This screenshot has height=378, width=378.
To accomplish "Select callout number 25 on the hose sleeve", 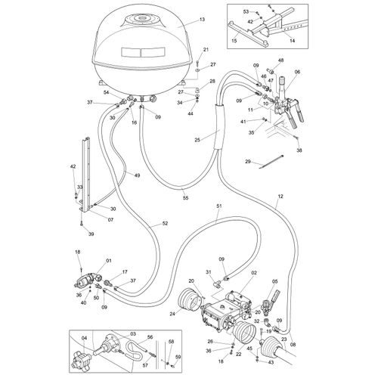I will [196, 139].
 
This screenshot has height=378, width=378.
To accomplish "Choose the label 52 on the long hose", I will [166, 225].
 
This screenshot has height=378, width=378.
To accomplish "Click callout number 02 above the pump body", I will [255, 274].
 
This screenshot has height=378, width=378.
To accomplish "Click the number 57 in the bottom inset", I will [146, 364].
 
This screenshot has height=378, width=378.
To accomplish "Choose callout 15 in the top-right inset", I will [234, 40].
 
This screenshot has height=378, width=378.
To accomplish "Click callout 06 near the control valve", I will [297, 73].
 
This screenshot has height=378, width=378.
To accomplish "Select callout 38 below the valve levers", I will [299, 151].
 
